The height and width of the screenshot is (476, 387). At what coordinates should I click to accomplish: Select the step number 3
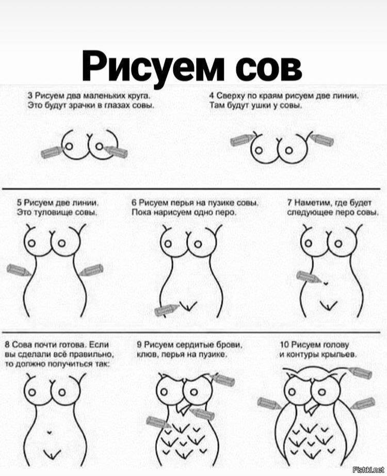[x=30, y=96]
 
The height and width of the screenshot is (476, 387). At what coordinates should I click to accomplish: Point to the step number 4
[x=212, y=96]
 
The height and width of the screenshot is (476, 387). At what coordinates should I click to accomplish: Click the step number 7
[x=289, y=203]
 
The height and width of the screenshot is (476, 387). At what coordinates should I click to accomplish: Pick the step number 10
[x=284, y=344]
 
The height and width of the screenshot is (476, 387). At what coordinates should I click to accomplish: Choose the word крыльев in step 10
[x=341, y=354]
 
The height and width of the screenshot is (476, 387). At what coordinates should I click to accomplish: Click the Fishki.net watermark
[x=368, y=470]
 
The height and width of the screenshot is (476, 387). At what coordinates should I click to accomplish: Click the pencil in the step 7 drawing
[x=308, y=277]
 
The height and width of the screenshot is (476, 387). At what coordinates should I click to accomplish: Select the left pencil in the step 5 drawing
[x=19, y=270]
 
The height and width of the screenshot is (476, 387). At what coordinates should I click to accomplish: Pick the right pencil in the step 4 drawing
[x=322, y=140]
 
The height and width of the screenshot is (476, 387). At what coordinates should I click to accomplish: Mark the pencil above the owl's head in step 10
[x=360, y=373]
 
